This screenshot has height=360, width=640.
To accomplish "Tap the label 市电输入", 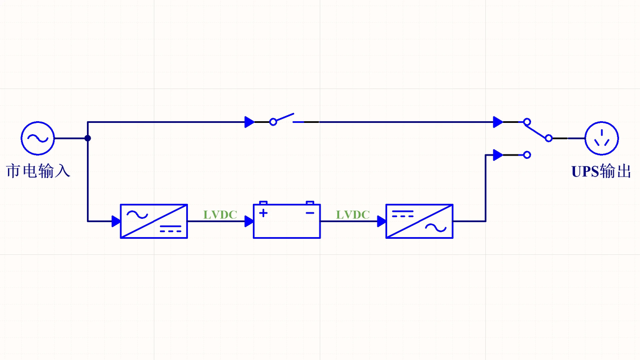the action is pyautogui.click(x=38, y=171).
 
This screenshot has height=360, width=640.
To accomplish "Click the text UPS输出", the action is pyautogui.click(x=601, y=171).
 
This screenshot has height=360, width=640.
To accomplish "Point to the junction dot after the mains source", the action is pyautogui.click(x=88, y=138).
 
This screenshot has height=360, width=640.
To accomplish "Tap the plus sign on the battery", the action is pyautogui.click(x=263, y=213).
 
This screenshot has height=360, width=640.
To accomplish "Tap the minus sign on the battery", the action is pyautogui.click(x=310, y=213).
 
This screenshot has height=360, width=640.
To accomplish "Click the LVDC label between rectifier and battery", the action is pyautogui.click(x=221, y=215).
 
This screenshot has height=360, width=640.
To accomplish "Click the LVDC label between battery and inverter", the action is pyautogui.click(x=353, y=215).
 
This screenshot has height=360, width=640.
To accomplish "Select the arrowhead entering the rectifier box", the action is pyautogui.click(x=116, y=222).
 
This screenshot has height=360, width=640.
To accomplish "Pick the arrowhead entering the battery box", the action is pyautogui.click(x=249, y=222).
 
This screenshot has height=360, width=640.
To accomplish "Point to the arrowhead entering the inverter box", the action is pyautogui.click(x=382, y=222).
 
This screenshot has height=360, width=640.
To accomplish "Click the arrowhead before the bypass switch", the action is pyautogui.click(x=249, y=122).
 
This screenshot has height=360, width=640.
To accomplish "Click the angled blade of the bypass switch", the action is pyautogui.click(x=285, y=117).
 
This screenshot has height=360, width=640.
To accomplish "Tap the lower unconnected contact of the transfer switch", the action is pyautogui.click(x=527, y=155).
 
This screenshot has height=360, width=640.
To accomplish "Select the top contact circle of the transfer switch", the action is pyautogui.click(x=527, y=122).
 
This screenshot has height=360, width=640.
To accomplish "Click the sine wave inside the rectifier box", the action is pyautogui.click(x=137, y=215).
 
